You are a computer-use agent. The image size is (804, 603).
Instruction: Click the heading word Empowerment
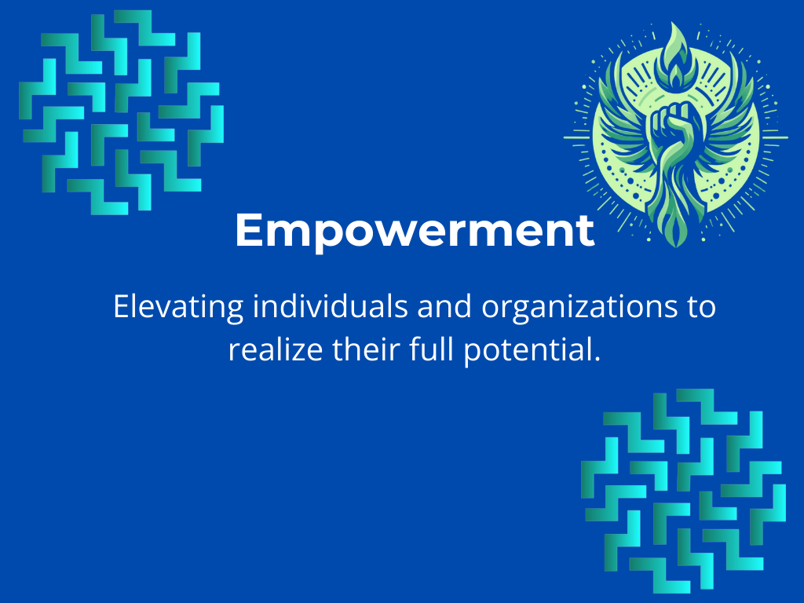[x=415, y=232]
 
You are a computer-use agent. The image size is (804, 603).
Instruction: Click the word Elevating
[x=178, y=308]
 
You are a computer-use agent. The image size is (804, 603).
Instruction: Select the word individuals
[x=331, y=306]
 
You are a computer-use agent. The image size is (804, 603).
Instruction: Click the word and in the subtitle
[x=444, y=306]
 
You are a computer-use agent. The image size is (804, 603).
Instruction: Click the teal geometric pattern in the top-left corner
[x=122, y=111]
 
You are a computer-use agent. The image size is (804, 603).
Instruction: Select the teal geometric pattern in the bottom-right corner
[x=684, y=491]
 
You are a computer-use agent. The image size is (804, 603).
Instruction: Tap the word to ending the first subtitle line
[x=701, y=308]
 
